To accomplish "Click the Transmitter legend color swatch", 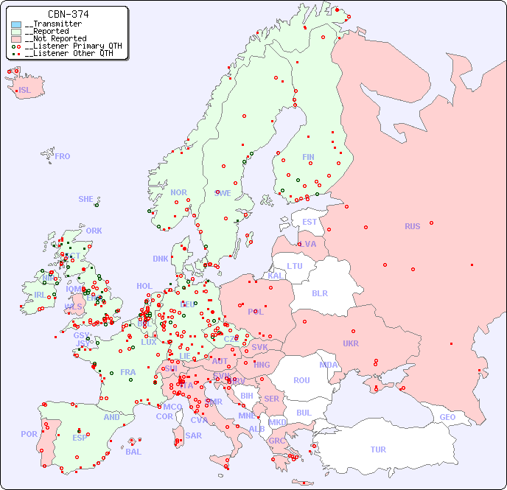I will [16, 24].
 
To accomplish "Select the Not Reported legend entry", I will [55, 38].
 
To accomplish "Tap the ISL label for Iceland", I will [25, 91].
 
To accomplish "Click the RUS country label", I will [412, 226].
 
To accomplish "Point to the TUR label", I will [378, 449].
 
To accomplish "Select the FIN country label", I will [308, 157].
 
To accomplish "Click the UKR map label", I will [351, 343].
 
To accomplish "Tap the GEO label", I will [447, 417].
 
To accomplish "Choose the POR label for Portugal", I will [29, 434].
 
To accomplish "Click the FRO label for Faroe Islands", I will [63, 156].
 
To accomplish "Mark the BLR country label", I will [320, 293].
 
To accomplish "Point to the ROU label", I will [301, 380].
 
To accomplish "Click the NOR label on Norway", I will [178, 192].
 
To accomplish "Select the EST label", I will [310, 222].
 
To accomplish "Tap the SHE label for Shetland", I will [86, 199].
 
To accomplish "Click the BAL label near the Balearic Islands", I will [133, 452].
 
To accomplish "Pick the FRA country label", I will [128, 372].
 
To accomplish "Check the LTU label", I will [295, 266].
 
